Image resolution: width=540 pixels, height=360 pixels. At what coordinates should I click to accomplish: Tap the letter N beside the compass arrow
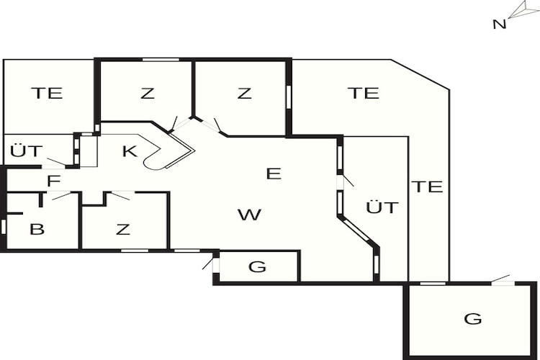coord(500,24)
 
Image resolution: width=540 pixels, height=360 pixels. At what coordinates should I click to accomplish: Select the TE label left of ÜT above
coord(47,93)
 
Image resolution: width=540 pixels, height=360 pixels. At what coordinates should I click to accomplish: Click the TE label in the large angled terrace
coord(364,93)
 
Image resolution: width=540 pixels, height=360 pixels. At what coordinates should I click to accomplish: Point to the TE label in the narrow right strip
coord(427,186)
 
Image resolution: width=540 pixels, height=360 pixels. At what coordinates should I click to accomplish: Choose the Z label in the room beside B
coord(123,229)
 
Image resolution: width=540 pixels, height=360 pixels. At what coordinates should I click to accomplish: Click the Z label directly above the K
coord(148,93)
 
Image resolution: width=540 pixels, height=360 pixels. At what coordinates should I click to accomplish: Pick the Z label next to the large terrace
coord(244,93)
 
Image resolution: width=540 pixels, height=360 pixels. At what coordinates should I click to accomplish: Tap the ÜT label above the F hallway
coord(26,151)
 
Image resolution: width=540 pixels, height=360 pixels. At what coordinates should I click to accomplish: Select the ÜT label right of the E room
coord(382,207)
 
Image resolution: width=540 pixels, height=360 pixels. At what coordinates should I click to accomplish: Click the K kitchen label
coord(130,151)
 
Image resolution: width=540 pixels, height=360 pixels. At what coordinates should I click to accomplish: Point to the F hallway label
coord(54,181)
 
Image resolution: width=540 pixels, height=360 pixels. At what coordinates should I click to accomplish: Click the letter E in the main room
coord(274,174)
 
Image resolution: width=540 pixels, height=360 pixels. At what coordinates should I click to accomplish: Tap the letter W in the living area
coord(250,215)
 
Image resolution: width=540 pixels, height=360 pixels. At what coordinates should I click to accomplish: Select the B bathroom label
coord(37,229)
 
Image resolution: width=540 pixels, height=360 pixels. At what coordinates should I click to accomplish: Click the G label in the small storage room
coord(258,266)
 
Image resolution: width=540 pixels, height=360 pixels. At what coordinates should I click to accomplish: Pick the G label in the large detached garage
coord(473,319)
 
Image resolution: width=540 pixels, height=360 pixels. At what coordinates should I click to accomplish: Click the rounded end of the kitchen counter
coord(151,163)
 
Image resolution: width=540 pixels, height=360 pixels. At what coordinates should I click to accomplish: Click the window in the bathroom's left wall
coord(4,227)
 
